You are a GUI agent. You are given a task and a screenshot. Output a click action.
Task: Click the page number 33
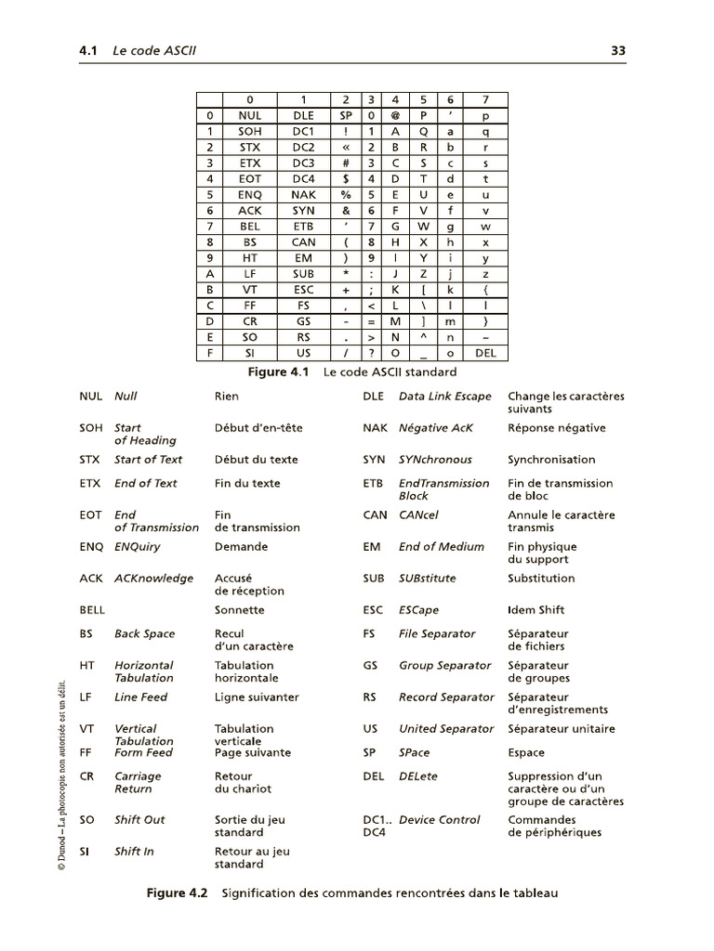(x=617, y=52)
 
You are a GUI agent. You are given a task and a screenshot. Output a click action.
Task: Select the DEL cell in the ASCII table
(x=485, y=353)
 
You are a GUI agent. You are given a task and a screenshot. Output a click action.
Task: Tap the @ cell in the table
(x=395, y=116)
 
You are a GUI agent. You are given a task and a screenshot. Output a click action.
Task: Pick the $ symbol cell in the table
(x=345, y=179)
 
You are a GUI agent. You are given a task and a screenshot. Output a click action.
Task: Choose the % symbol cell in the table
(x=345, y=195)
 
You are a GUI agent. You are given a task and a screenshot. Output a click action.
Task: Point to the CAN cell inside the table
(x=303, y=242)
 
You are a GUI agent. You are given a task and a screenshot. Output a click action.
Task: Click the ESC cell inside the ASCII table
(x=303, y=290)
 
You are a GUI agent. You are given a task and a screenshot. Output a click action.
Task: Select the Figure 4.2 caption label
(x=178, y=893)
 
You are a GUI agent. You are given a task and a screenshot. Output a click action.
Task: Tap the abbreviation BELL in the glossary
(x=94, y=610)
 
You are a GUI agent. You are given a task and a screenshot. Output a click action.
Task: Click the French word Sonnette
(x=239, y=610)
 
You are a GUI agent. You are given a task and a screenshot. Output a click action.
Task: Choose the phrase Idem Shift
(x=535, y=610)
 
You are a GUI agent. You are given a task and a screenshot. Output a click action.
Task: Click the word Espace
(x=526, y=752)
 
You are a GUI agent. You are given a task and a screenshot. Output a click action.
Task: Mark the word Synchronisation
(x=551, y=460)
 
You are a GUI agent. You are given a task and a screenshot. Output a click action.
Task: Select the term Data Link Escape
(x=444, y=397)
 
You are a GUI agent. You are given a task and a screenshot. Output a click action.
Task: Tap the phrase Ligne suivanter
(x=257, y=697)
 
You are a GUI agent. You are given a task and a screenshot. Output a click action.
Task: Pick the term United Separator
(x=446, y=729)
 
